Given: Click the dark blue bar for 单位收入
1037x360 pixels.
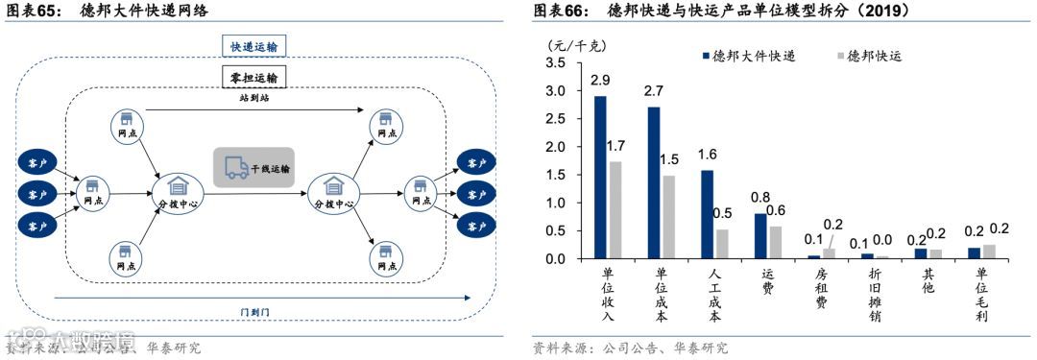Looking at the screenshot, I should tap(600, 178).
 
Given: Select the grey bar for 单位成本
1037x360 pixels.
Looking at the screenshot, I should tap(668, 217).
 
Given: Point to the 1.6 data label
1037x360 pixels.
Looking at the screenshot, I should tap(708, 154).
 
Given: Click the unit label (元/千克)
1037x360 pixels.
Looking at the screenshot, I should tap(577, 44).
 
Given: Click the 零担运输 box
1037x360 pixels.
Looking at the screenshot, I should tap(254, 76).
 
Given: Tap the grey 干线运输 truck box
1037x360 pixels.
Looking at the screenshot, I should tap(253, 168).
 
